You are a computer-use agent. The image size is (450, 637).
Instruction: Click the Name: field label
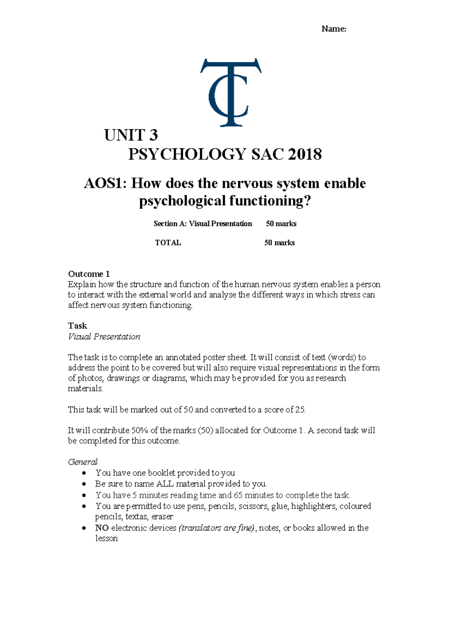click(x=334, y=29)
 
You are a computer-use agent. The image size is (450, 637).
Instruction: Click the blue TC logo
click(x=230, y=92)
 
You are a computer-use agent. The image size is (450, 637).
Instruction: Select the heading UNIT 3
click(x=131, y=135)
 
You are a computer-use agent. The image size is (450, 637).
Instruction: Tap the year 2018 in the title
click(x=305, y=155)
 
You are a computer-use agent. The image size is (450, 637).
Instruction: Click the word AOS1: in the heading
click(x=105, y=183)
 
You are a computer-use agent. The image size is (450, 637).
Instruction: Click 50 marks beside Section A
click(x=281, y=224)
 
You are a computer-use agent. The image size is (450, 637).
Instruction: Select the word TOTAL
click(x=168, y=243)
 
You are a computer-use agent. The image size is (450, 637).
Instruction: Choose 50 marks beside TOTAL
click(x=279, y=243)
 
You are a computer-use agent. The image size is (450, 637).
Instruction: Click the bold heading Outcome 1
click(x=89, y=274)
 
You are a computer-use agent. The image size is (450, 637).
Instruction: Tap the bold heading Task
click(x=77, y=326)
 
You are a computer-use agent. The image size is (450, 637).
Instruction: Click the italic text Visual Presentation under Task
click(x=104, y=337)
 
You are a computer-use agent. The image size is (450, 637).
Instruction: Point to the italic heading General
click(x=82, y=462)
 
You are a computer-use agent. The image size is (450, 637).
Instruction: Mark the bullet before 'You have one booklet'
click(x=84, y=473)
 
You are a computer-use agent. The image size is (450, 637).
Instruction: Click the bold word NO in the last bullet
click(x=102, y=528)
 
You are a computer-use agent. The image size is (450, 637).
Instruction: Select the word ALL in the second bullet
click(x=165, y=484)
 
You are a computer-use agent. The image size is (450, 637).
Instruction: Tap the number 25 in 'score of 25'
click(x=300, y=410)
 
